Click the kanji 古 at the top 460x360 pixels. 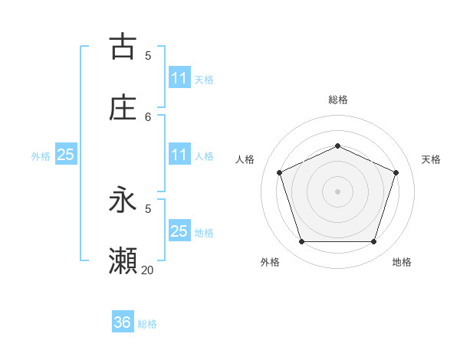[123, 47]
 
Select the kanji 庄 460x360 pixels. [123, 108]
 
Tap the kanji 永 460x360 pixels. [123, 201]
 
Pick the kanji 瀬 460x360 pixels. [123, 261]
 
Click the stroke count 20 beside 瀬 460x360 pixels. [148, 270]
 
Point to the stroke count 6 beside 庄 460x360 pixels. [148, 116]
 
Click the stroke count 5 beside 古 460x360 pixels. [148, 55]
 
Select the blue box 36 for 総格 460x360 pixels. [123, 322]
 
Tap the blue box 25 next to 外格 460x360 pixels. [65, 155]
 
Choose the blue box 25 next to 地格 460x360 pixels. [179, 231]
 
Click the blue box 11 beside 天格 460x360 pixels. [179, 78]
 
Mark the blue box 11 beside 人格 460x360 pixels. [179, 155]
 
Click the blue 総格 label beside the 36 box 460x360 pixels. [148, 324]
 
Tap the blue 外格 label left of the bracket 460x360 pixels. [41, 156]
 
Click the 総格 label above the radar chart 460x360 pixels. [337, 100]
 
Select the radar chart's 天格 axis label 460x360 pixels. [431, 159]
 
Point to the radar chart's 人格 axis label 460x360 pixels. [245, 159]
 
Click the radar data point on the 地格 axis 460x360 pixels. [373, 242]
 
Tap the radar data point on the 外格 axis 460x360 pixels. [301, 242]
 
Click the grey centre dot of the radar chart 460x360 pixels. [337, 191]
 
